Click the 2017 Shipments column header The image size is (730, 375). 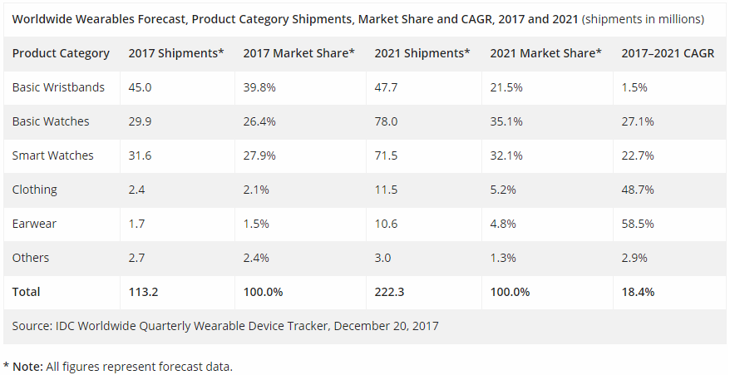pos(176,53)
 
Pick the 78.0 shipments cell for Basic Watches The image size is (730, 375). pos(386,121)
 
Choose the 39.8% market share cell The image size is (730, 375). pos(259,87)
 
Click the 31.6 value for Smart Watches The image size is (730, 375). pos(139,155)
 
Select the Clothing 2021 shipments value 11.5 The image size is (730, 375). pos(385,190)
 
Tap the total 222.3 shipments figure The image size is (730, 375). pos(389,292)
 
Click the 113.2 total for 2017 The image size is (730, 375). pos(142,292)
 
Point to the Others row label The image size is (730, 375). pos(31,258)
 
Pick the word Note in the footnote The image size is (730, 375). pos(28,366)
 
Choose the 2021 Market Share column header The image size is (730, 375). pos(545,53)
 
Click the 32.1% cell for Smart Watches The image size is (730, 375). pos(506,155)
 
